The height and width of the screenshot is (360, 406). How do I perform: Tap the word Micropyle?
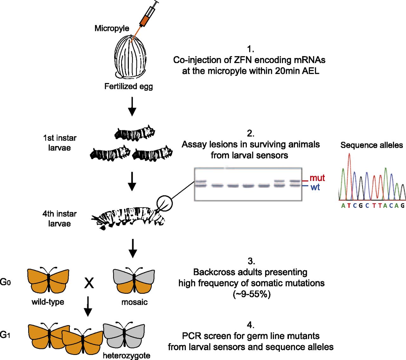click(112, 28)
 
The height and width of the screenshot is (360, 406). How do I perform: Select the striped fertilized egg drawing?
click(130, 57)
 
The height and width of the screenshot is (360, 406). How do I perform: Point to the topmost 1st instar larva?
click(134, 134)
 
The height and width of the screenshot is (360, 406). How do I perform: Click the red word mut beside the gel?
click(317, 178)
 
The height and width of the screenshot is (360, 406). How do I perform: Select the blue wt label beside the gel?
click(315, 187)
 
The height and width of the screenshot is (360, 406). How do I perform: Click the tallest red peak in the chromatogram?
click(349, 158)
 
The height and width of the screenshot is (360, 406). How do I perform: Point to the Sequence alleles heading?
click(371, 145)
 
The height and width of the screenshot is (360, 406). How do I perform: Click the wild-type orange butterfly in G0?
click(48, 280)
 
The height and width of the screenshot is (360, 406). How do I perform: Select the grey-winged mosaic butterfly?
click(134, 281)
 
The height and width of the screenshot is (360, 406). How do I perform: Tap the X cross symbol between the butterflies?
click(89, 282)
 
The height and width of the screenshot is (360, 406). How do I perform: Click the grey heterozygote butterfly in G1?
click(124, 335)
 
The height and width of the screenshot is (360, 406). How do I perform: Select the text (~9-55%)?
click(252, 294)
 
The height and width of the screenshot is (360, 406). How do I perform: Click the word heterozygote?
click(127, 356)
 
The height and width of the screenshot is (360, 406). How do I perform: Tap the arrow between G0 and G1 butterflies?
click(88, 306)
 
